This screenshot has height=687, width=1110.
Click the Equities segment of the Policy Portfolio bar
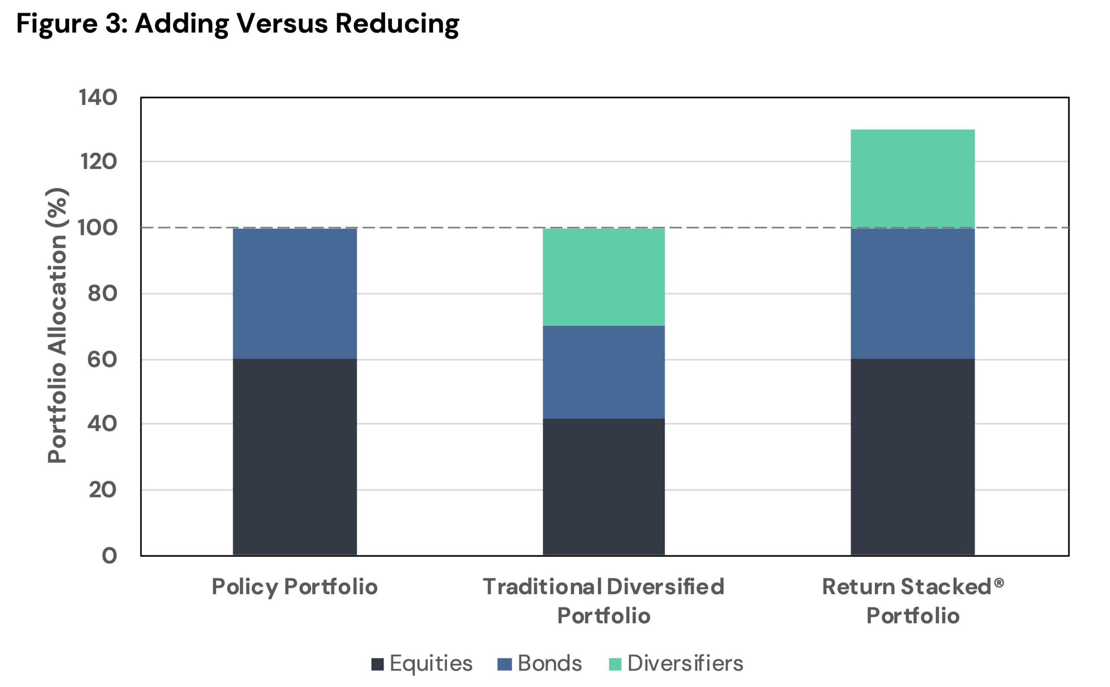[x=295, y=457]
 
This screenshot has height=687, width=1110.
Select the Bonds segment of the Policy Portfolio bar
[x=295, y=294]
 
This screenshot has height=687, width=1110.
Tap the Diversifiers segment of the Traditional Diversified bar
[x=604, y=277]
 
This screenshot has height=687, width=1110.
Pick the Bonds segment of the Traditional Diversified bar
[x=604, y=372]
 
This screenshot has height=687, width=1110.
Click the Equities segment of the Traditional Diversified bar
[x=604, y=487]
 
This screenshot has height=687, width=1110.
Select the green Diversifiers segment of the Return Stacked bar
[x=912, y=179]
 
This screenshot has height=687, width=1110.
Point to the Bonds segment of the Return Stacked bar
[x=912, y=294]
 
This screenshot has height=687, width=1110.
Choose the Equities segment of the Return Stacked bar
[x=912, y=457]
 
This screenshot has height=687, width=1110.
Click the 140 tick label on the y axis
[x=98, y=97]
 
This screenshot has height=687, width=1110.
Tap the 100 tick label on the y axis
[x=98, y=228]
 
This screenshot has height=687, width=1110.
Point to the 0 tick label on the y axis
[x=109, y=555]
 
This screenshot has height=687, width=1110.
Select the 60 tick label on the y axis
[x=103, y=360]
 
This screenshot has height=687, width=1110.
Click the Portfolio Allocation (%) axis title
[x=58, y=326]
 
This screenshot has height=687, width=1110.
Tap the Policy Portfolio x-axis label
[x=295, y=586]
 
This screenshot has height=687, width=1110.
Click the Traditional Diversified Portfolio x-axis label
[x=604, y=601]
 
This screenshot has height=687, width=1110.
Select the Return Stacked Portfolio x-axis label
[x=913, y=601]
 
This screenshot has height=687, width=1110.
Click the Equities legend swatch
[x=377, y=664]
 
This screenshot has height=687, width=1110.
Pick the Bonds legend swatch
[x=505, y=664]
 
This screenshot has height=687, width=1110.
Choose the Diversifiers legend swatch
[x=615, y=664]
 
